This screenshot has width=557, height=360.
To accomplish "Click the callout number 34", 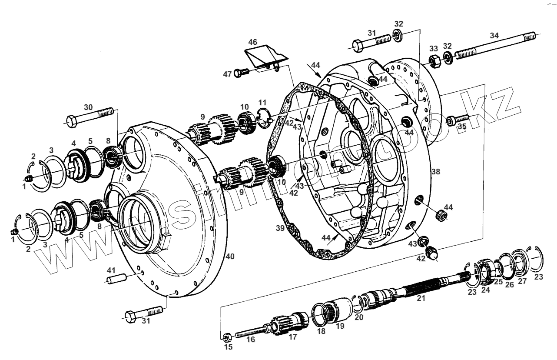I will [x=494, y=36].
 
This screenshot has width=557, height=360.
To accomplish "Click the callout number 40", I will [x=230, y=257].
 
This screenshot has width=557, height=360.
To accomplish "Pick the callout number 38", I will [x=435, y=172].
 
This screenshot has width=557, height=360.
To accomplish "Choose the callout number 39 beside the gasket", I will [x=280, y=228].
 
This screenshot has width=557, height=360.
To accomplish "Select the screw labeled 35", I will [x=458, y=119].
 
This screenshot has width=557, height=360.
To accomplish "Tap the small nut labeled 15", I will [x=226, y=337].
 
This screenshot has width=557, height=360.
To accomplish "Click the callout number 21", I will [x=421, y=298].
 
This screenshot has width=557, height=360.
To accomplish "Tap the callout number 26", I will [x=509, y=285].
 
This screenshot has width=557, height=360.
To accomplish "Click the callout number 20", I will [x=359, y=317].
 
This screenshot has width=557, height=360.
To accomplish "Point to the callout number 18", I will [x=322, y=331].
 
